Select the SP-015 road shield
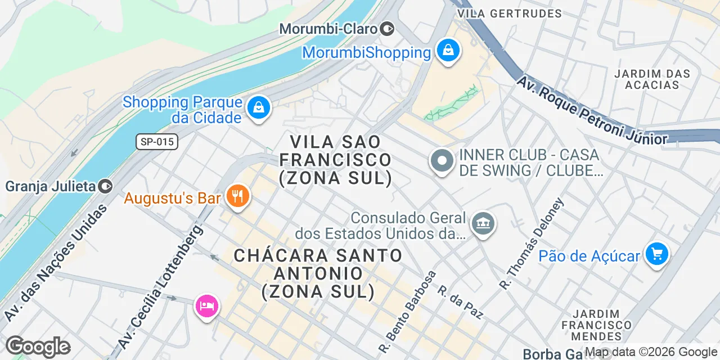pyautogui.click(x=157, y=142)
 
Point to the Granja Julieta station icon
pyautogui.click(x=105, y=186)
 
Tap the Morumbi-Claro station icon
pyautogui.click(x=387, y=28)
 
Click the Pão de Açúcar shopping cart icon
pyautogui.click(x=656, y=254)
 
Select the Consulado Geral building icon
pyautogui.click(x=483, y=224)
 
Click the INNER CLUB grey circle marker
pyautogui.click(x=442, y=161)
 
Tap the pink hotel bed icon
pyautogui.click(x=207, y=306)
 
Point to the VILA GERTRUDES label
pyautogui.click(x=510, y=13)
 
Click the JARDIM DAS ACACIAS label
pyautogui.click(x=652, y=79)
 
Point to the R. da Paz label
pyautogui.click(x=460, y=302)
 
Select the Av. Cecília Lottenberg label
pyautogui.click(x=160, y=286)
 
